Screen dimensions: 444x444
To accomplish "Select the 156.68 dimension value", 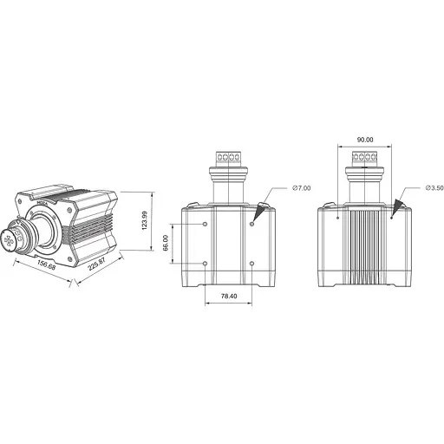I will tap(41, 267).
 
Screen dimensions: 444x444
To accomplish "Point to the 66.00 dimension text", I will tap(165, 244).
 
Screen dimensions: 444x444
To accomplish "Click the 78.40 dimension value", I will tap(228, 297).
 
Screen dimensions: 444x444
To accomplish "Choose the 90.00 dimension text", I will tap(364, 140).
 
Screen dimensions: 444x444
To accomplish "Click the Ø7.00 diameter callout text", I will tap(301, 187).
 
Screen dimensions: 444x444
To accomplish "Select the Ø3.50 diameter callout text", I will tap(434, 187).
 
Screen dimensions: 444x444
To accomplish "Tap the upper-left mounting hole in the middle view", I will tap(205, 225).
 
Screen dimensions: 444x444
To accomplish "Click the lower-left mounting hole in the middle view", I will tap(205, 263).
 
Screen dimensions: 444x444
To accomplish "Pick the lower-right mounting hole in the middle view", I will tap(251, 263).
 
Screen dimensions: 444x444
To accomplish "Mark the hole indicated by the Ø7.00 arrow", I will tap(251, 225).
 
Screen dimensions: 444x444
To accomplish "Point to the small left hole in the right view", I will tap(336, 218).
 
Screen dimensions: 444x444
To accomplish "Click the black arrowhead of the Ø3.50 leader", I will tap(400, 206).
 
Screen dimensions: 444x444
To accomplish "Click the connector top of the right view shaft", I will tap(364, 159).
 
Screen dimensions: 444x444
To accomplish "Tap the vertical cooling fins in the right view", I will tap(364, 247).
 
